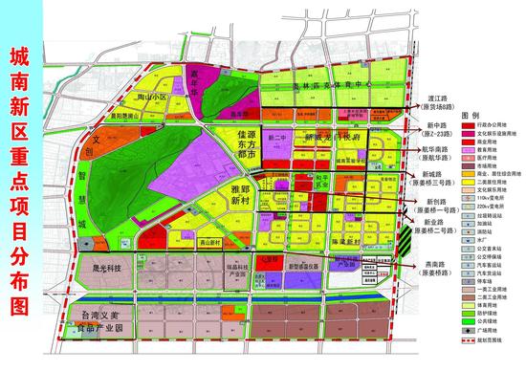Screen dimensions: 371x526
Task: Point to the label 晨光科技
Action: pyautogui.click(x=100, y=271)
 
